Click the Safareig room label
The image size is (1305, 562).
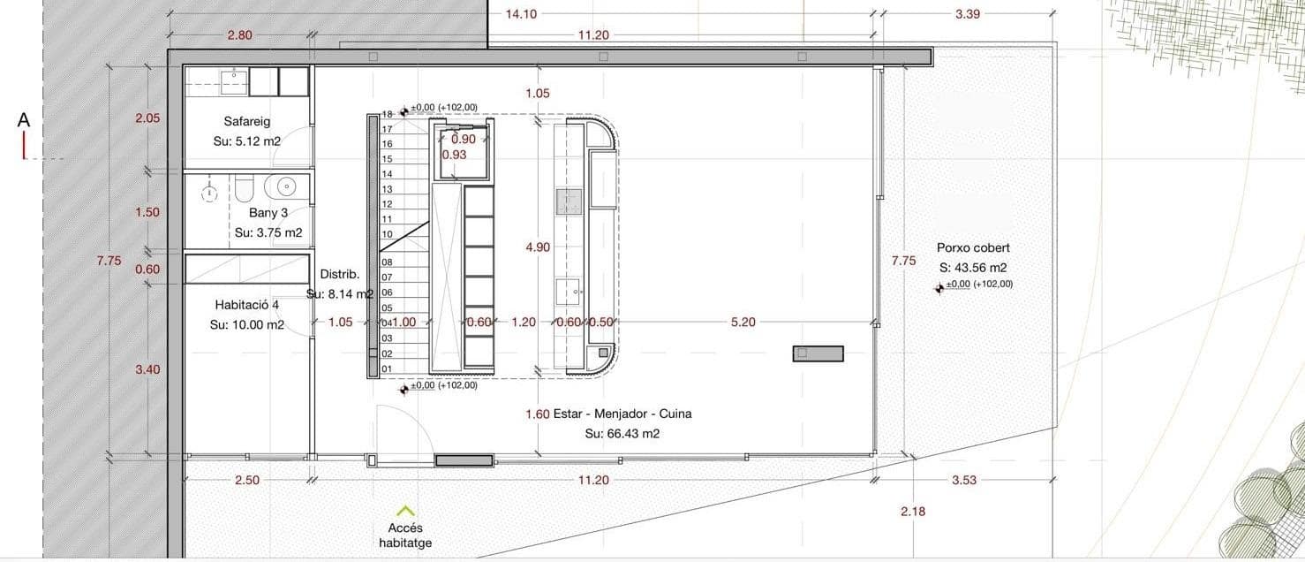pyautogui.click(x=246, y=121)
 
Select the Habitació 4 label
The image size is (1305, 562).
pyautogui.click(x=246, y=305)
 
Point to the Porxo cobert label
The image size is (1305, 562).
pyautogui.click(x=973, y=248)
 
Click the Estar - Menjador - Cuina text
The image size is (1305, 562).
pyautogui.click(x=622, y=414)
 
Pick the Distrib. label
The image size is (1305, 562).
pyautogui.click(x=339, y=274)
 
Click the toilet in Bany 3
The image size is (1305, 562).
pyautogui.click(x=245, y=188)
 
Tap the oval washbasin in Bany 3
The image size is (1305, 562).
pyautogui.click(x=286, y=186)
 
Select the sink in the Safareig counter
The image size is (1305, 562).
pyautogui.click(x=234, y=82)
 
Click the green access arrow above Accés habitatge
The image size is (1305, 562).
pyautogui.click(x=405, y=510)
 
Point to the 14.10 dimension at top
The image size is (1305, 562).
pyautogui.click(x=520, y=14)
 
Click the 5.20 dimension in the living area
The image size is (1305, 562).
pyautogui.click(x=743, y=323)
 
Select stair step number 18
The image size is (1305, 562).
pyautogui.click(x=387, y=114)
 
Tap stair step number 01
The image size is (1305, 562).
pyautogui.click(x=387, y=368)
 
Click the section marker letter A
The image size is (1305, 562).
pyautogui.click(x=24, y=120)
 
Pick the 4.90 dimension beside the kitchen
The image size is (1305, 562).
pyautogui.click(x=537, y=248)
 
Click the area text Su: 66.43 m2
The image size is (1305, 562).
pyautogui.click(x=622, y=434)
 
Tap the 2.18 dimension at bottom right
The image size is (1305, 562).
pyautogui.click(x=913, y=512)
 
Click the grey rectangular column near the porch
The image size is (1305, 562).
pyautogui.click(x=818, y=353)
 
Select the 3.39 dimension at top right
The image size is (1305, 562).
pyautogui.click(x=969, y=14)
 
